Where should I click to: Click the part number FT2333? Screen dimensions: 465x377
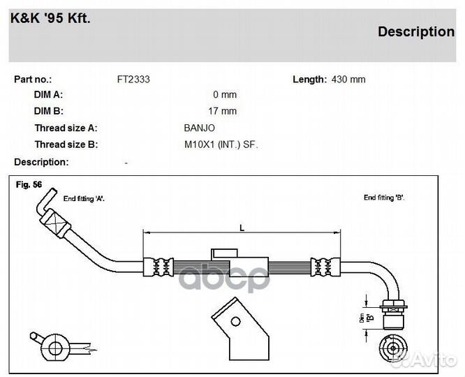pos(133,80)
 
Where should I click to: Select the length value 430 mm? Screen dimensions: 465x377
pos(348,80)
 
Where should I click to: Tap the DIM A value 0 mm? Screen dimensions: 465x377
pos(225,95)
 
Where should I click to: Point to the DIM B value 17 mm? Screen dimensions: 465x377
pos(223,111)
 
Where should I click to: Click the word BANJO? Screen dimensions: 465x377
pos(199,128)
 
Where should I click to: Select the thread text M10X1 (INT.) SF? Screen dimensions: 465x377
pos(221,145)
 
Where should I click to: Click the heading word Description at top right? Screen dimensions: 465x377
pos(416,31)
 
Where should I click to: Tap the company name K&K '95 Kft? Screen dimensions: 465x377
pos(50,18)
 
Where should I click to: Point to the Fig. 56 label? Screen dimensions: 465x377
pos(29,184)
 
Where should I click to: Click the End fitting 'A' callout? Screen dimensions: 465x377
pos(84,199)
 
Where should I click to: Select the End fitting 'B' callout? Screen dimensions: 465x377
pos(384,198)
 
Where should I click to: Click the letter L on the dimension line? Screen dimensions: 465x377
pos(242,228)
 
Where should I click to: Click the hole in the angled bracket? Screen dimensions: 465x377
pos(236,322)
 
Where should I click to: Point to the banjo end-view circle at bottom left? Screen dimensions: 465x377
pos(55,348)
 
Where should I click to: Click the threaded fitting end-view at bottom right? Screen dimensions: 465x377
pos(393,348)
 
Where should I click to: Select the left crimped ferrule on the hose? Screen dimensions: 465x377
pos(158,267)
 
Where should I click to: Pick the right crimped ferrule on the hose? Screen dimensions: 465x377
pos(325,267)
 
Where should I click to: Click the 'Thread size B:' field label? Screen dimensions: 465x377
pos(66,145)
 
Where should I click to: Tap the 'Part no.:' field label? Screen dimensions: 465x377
pos(33,80)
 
